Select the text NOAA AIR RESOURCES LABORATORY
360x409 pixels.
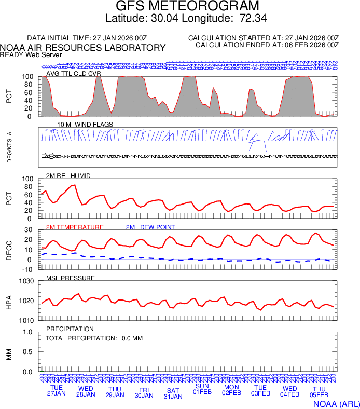[x=83, y=48]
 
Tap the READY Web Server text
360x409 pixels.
[x=31, y=54]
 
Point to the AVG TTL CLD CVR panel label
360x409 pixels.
[x=74, y=73]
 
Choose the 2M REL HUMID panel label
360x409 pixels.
[x=68, y=176]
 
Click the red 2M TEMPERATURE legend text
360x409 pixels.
[x=75, y=227]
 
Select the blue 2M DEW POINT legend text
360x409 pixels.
[x=150, y=227]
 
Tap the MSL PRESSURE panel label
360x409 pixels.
[x=71, y=278]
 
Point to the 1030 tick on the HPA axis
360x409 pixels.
[x=26, y=282]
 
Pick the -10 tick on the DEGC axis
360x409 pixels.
[x=29, y=269]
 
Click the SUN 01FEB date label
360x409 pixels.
[x=202, y=389]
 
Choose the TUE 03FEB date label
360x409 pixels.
[x=260, y=390]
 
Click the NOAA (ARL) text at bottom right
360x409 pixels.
[x=336, y=403]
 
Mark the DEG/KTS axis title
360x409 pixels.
[x=9, y=147]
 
